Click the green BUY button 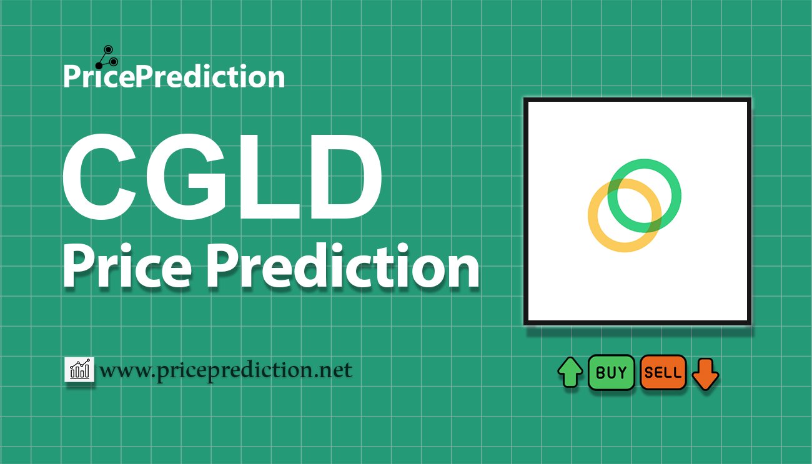point(611,373)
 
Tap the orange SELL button point(663,373)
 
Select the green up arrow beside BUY point(570,373)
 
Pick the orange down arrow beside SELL point(706,373)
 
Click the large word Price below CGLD point(126,267)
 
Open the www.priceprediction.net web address point(225,370)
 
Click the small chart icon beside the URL point(79,370)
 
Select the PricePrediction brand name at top point(174,77)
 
